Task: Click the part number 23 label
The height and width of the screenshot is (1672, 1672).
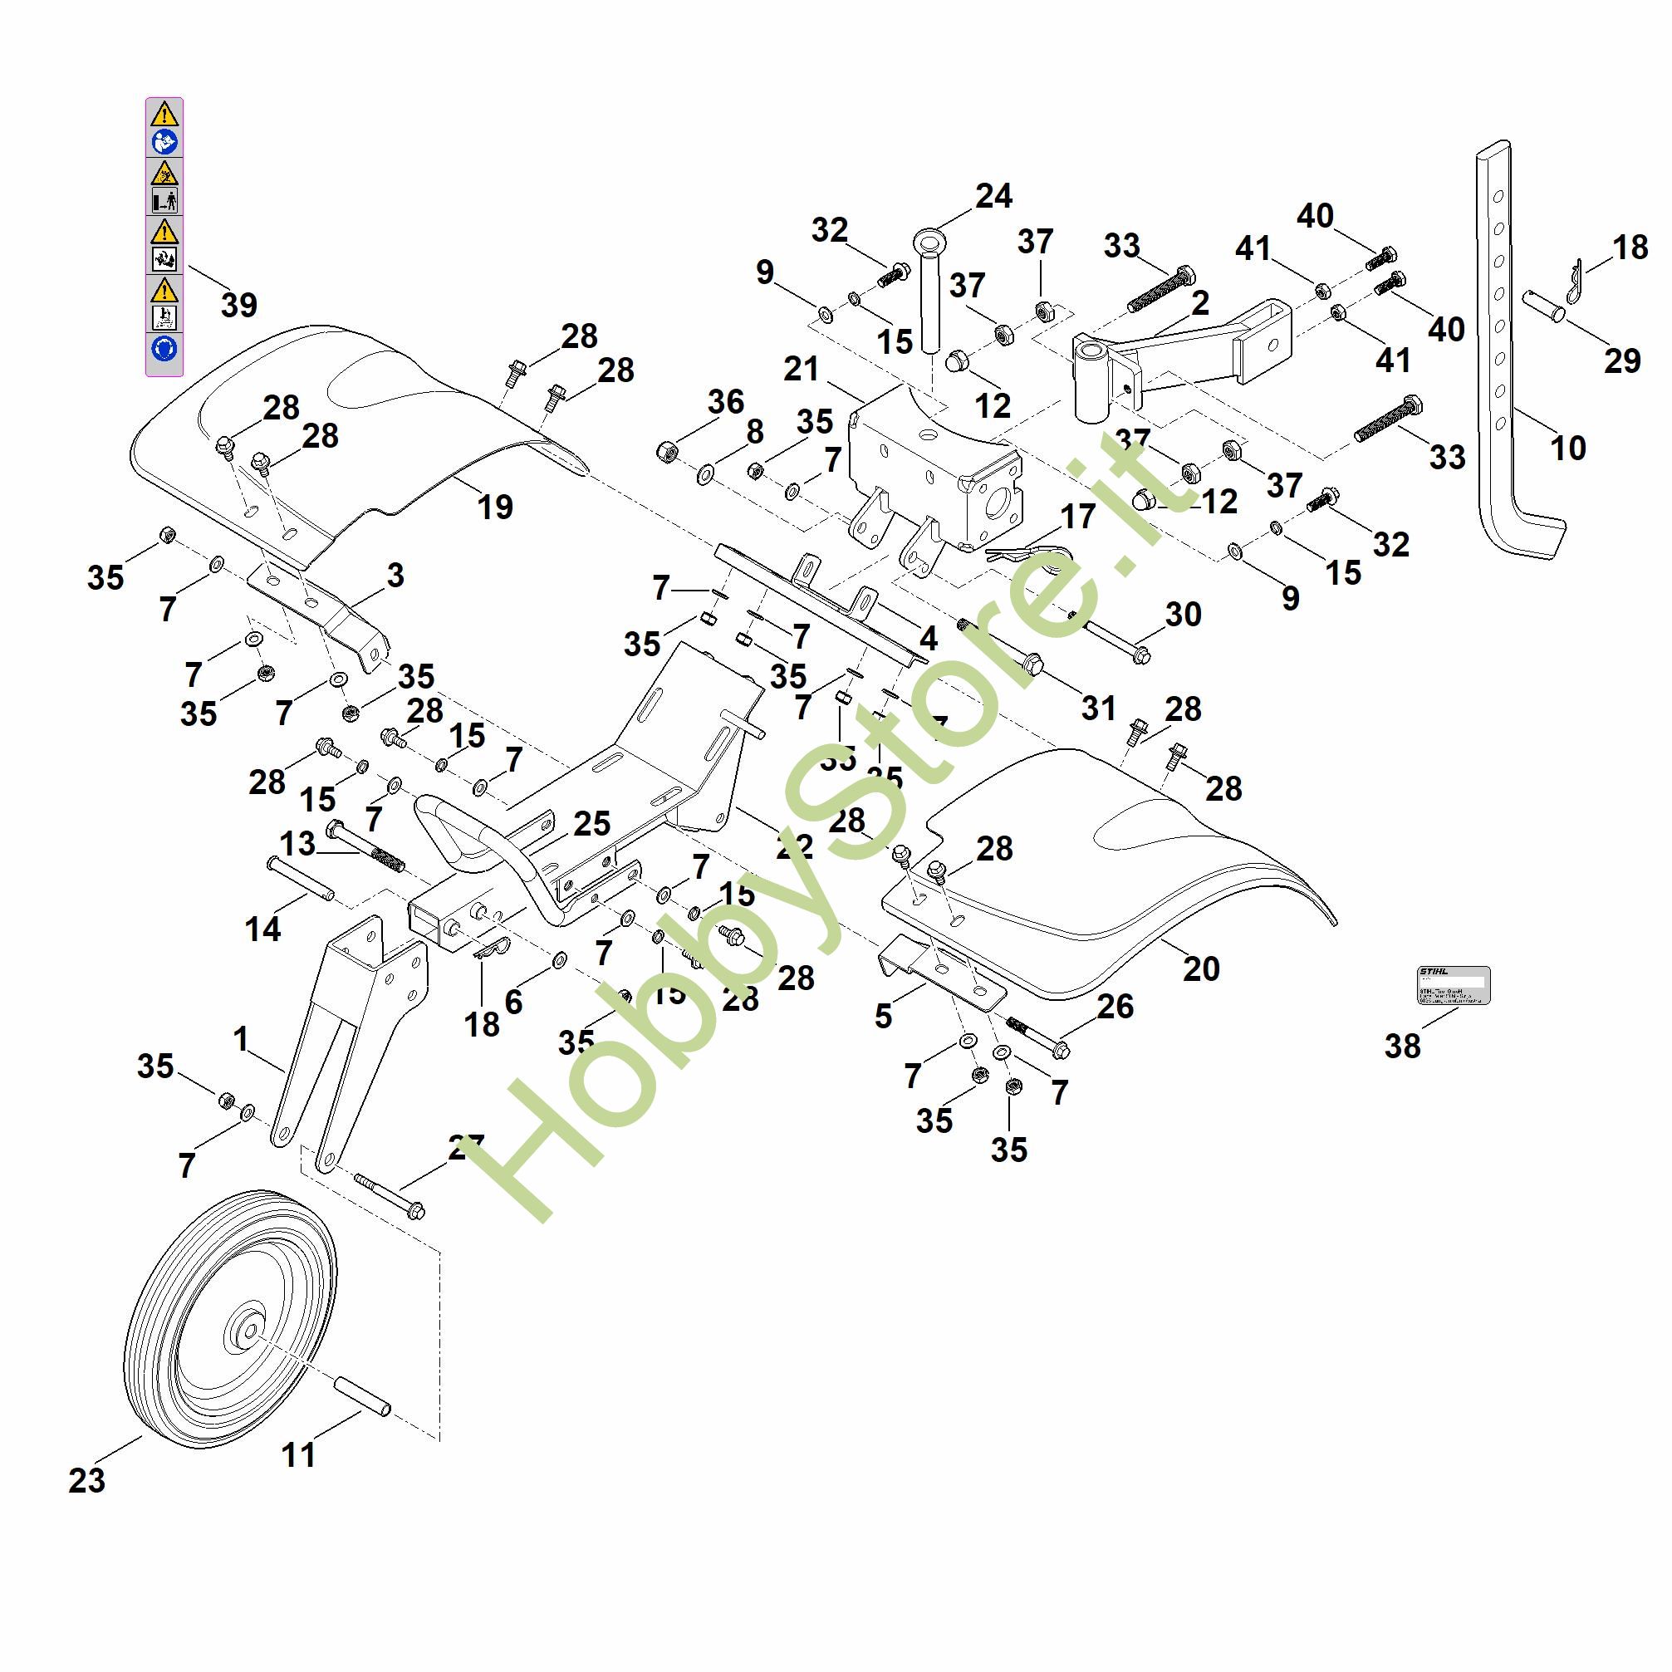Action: coord(86,1481)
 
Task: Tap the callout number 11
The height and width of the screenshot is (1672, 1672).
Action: coord(298,1454)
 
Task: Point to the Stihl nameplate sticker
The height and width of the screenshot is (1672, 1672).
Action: coord(1453,984)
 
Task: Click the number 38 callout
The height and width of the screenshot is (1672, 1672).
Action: coord(1402,1046)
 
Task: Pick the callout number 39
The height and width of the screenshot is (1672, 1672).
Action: coord(239,305)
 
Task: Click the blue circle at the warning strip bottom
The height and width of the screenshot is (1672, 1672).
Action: coord(164,348)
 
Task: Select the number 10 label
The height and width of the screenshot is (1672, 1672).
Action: coord(1567,448)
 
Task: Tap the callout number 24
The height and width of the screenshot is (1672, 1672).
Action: coord(993,195)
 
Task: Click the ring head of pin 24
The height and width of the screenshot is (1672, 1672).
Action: coord(928,239)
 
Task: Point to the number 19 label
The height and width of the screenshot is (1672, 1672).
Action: coord(495,507)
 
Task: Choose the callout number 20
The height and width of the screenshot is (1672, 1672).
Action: coord(1201,968)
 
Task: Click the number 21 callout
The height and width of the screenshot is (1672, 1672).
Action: coord(801,369)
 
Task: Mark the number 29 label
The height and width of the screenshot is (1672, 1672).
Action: coord(1622,360)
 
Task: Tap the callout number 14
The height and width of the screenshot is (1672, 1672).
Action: coord(262,929)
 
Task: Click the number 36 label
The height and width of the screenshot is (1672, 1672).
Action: coord(725,401)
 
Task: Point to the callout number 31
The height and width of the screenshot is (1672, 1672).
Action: coord(1098,707)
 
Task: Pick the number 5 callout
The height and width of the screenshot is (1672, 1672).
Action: coord(882,1016)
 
